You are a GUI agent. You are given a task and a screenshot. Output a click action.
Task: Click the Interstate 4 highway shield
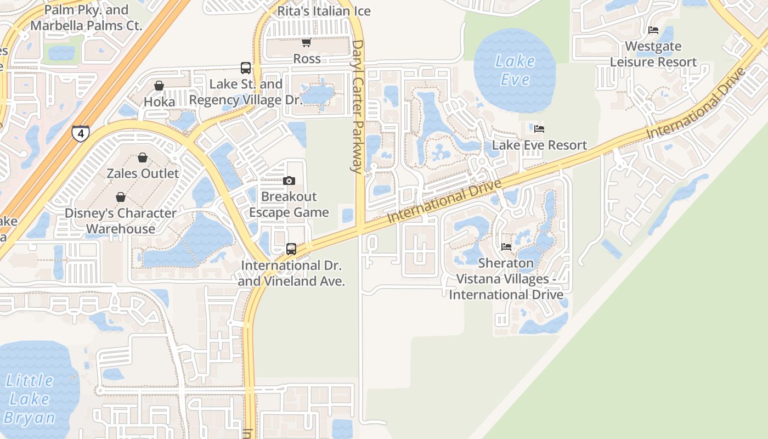pyautogui.click(x=81, y=133)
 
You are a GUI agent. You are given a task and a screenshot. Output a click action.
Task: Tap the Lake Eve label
pyautogui.click(x=515, y=70)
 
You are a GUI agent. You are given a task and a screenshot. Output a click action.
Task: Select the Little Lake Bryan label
pyautogui.click(x=30, y=399)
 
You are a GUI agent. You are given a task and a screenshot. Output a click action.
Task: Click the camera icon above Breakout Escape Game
pyautogui.click(x=289, y=181)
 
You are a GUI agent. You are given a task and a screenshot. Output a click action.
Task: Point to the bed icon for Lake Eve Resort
pyautogui.click(x=539, y=129)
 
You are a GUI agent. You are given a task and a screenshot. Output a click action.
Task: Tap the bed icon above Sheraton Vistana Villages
pyautogui.click(x=506, y=247)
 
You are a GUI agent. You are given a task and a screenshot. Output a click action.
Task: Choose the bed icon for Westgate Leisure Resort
pyautogui.click(x=653, y=30)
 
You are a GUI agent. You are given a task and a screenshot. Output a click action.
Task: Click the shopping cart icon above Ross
pyautogui.click(x=307, y=42)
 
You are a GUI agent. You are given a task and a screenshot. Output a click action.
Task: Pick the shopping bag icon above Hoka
pyautogui.click(x=159, y=86)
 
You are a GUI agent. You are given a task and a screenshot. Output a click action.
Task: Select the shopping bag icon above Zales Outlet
pyautogui.click(x=143, y=157)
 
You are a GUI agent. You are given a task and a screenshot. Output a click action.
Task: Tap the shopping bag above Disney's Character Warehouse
pyautogui.click(x=121, y=196)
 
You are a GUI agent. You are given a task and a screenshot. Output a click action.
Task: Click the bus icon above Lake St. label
pyautogui.click(x=246, y=68)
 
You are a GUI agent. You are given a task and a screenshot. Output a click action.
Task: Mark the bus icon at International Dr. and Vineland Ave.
pyautogui.click(x=291, y=249)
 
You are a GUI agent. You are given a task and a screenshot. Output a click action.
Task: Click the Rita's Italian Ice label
pyautogui.click(x=324, y=11)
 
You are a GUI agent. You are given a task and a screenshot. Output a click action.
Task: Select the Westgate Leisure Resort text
pyautogui.click(x=653, y=54)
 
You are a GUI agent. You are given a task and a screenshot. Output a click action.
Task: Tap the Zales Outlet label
pyautogui.click(x=143, y=173)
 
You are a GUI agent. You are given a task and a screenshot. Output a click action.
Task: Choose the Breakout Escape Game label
pyautogui.click(x=289, y=204)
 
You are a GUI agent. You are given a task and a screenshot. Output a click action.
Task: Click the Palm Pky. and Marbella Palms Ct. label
pyautogui.click(x=86, y=18)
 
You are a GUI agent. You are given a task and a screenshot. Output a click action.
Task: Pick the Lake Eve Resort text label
pyautogui.click(x=539, y=145)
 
